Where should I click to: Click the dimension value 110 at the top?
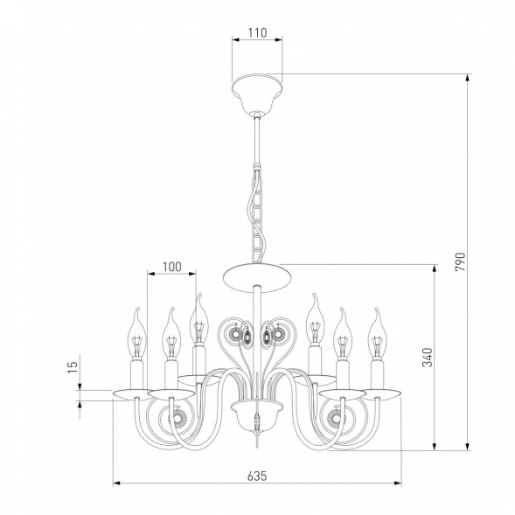click(x=257, y=33)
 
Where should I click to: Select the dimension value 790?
click(x=461, y=261)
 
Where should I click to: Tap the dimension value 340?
click(x=428, y=357)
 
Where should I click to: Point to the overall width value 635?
click(x=257, y=476)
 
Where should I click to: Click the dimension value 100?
click(x=171, y=267)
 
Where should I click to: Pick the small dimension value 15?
click(x=73, y=366)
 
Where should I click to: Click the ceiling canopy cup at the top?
click(x=257, y=93)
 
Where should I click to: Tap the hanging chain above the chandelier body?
click(x=256, y=214)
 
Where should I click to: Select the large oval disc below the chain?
click(x=257, y=277)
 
